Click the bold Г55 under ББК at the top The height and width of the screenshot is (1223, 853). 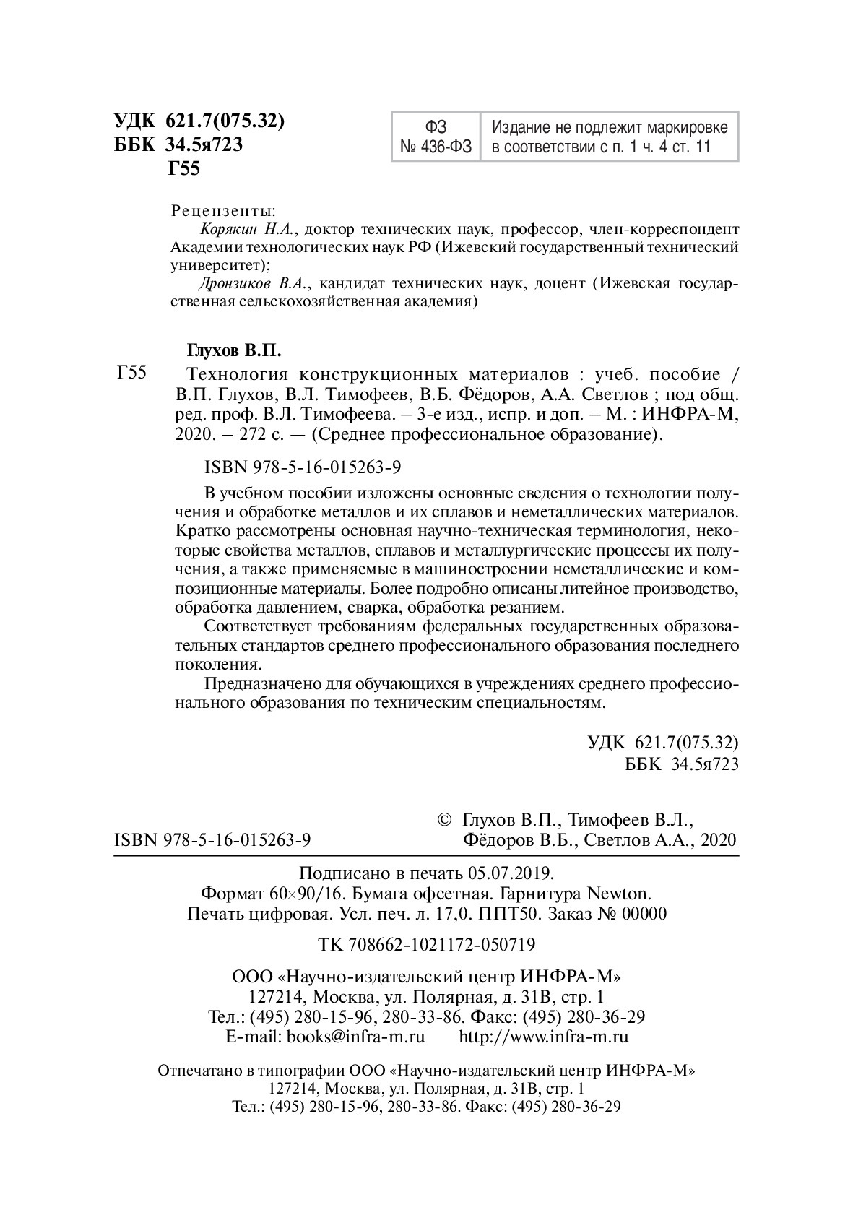click(183, 169)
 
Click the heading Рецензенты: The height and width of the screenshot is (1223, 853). click(222, 212)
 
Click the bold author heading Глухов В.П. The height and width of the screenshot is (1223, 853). click(233, 351)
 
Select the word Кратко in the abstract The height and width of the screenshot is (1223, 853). click(200, 531)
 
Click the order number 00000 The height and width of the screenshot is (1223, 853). click(644, 913)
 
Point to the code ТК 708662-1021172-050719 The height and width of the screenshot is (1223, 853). click(426, 944)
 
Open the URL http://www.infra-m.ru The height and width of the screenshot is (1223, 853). click(544, 1037)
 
